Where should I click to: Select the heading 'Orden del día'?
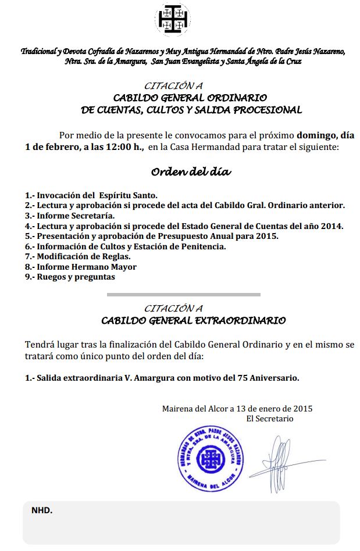(191, 172)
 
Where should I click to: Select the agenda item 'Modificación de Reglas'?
(84, 256)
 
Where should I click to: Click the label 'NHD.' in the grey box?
(41, 510)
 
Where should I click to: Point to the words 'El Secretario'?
(270, 418)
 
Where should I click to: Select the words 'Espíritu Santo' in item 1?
(127, 195)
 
